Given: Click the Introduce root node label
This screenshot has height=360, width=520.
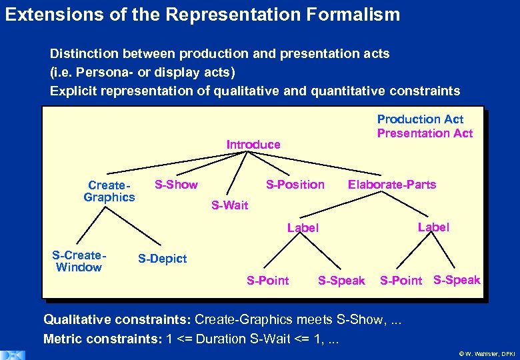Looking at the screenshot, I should click(253, 145).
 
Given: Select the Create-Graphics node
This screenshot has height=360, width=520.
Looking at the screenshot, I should click(109, 191).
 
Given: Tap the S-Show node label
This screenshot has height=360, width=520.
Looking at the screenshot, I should click(176, 185).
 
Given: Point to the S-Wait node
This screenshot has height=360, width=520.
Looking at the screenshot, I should click(229, 205).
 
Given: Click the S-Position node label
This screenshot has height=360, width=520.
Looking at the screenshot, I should click(295, 185).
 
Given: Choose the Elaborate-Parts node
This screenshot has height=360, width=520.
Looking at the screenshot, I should click(392, 185).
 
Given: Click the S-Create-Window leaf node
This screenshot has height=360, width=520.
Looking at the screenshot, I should click(79, 261).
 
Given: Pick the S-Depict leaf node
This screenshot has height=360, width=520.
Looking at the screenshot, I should click(162, 259).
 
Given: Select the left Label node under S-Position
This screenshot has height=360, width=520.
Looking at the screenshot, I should click(303, 228).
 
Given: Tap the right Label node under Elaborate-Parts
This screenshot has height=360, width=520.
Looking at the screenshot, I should click(433, 227).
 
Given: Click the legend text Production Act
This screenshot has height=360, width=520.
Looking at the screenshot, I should click(420, 119).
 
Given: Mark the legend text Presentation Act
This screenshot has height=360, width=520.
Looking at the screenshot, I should click(425, 133).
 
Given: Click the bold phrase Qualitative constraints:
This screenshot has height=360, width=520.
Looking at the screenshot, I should click(117, 319).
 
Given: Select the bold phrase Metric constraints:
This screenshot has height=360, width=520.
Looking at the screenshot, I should click(103, 339).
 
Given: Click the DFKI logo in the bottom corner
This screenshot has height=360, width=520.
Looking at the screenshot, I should click(13, 354).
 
